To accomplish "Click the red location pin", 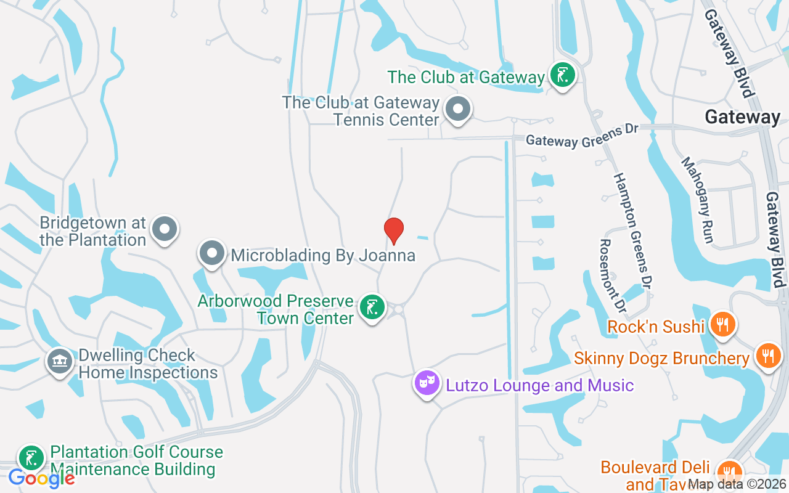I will pos(393,230).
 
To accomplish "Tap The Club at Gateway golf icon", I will pos(562,75).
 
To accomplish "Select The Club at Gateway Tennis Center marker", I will pos(457,110).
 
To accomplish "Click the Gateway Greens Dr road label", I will pos(581,135).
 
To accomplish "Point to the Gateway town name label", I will pos(742,116).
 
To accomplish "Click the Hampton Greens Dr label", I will pos(633,230).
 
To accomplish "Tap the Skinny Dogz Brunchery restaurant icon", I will pos(767,356).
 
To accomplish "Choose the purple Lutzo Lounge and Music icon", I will pos(427,383).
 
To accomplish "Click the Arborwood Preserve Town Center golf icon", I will pos(372,308).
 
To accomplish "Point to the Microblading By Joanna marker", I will pos(212,253).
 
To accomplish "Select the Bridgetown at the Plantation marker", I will pos(164,229).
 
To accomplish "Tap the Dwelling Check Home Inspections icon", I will pos(59,361).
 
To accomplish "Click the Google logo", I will pos(41,478).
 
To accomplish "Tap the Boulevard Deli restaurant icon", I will pos(730,472).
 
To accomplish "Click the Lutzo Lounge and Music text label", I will pos(539,386).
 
